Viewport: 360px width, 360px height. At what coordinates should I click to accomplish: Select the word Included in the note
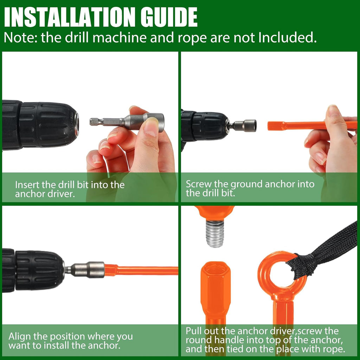coord(288,37)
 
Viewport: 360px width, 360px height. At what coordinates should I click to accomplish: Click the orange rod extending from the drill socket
coord(141,270)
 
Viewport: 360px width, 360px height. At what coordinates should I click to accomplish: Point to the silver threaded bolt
coord(215,233)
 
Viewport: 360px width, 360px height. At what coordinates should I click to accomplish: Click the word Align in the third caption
coord(20,336)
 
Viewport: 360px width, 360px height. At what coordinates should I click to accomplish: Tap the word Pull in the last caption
coord(194,331)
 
